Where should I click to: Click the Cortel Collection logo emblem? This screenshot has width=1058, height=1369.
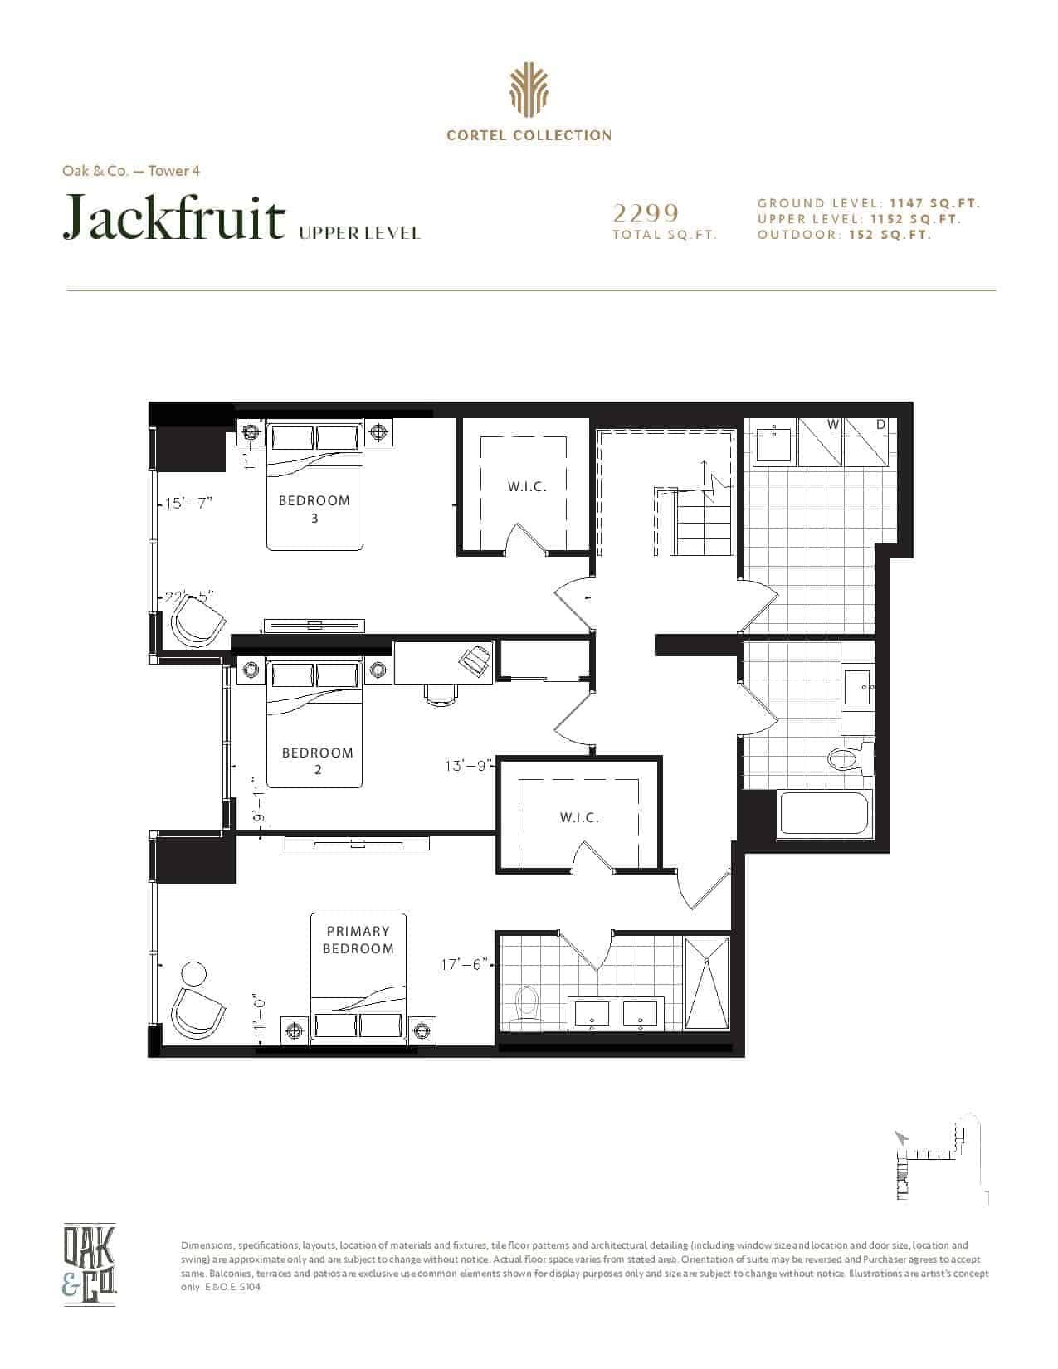pos(529,90)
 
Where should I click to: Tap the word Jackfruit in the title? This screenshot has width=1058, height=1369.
pos(174,217)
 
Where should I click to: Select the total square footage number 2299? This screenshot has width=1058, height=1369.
pos(646,213)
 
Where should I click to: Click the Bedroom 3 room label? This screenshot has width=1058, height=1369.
pos(314,509)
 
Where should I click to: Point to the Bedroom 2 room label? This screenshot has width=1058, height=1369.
pos(318,760)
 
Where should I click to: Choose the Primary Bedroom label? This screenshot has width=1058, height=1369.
pos(358,939)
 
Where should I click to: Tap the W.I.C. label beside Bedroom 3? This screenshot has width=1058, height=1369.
pos(527,486)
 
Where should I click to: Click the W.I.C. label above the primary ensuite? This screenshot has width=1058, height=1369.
pos(579,817)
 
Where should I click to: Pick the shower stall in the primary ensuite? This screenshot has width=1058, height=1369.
pos(707,983)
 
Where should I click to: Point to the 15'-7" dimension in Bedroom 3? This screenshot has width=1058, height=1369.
pos(188,503)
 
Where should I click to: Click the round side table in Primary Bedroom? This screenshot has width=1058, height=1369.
pos(193,974)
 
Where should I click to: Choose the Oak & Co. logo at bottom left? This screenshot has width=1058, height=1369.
pos(89,1263)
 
